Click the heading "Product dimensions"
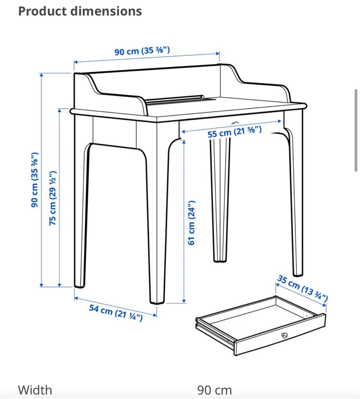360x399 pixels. [x=80, y=11]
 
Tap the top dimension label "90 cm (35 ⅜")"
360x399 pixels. [x=142, y=51]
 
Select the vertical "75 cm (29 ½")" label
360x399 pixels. [x=52, y=198]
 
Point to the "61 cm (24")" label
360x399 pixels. [x=191, y=223]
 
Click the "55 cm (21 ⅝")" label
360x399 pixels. [x=234, y=131]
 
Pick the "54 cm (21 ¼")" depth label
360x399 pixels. [x=115, y=313]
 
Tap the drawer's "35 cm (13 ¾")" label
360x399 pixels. [x=302, y=288]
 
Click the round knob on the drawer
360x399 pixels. [x=285, y=336]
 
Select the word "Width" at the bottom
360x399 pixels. [x=35, y=390]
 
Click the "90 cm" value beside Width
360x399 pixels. [x=214, y=390]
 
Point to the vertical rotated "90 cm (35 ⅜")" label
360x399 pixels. [x=34, y=180]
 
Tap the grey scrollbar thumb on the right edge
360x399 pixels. [x=356, y=130]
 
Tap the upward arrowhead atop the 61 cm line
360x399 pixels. [x=184, y=142]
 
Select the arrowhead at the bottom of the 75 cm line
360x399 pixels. [x=60, y=285]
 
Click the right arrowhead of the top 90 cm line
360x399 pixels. [x=217, y=53]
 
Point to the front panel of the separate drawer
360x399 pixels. [x=280, y=336]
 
